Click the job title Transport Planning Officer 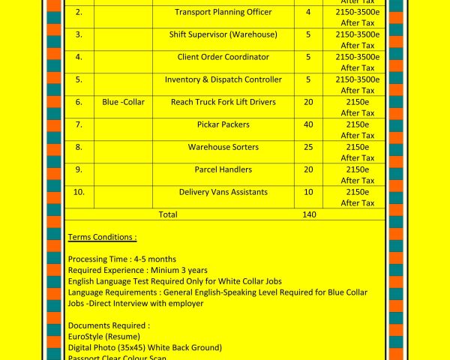point(223,12)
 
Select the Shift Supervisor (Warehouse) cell point(223,34)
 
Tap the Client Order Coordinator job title point(223,57)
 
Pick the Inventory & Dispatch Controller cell point(223,79)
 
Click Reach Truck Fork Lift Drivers point(223,102)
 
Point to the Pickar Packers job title point(223,124)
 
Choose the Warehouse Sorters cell point(223,147)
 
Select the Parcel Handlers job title point(223,169)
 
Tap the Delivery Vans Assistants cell point(223,192)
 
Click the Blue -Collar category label point(123,102)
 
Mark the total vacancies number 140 point(308,214)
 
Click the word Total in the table point(168,214)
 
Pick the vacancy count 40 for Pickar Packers point(308,124)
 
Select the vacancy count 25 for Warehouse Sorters point(308,147)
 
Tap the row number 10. point(79,192)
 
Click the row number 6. point(79,102)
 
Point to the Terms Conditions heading point(102,237)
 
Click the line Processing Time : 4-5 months point(121,259)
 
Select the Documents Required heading point(109,325)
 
